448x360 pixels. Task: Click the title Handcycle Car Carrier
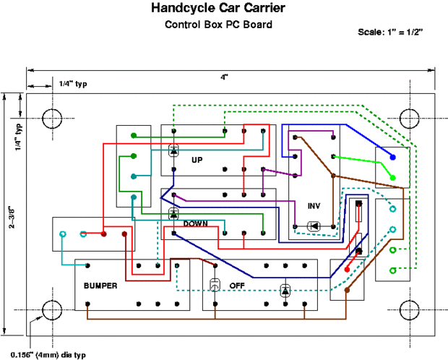coord(218,8)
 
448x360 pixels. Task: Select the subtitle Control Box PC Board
coord(218,25)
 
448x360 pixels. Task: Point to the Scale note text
coord(390,32)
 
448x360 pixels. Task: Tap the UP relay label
coord(197,160)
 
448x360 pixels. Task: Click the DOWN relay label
coord(195,223)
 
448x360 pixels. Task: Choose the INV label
coord(314,206)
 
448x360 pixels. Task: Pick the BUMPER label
coord(100,286)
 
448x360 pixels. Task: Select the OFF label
coord(237,286)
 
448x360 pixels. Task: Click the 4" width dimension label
coord(224,77)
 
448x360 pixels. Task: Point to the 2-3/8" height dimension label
coord(12,217)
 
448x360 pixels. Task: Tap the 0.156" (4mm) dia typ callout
coord(48,355)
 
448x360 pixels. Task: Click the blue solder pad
coord(393,158)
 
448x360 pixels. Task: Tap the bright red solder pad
coord(347,270)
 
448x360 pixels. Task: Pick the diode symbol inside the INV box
coord(314,226)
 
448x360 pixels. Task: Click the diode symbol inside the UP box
coord(173,150)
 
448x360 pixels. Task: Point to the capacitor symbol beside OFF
coord(215,285)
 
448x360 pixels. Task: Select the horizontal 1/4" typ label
coord(73,84)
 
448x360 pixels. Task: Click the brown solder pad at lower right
coord(347,290)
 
